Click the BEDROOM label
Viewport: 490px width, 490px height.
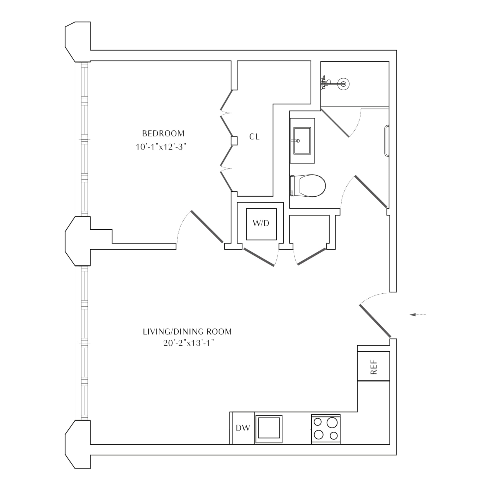point(163,133)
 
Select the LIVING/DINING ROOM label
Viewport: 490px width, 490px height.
point(187,332)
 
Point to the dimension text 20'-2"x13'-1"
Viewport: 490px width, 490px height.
point(188,343)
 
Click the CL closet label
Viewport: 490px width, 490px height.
point(254,137)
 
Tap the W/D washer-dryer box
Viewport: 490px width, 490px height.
point(261,224)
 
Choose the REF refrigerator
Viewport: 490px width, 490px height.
point(374,366)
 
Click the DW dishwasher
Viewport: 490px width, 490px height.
point(243,428)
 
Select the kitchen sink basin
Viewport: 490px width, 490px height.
point(269,429)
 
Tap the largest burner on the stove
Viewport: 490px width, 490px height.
point(332,422)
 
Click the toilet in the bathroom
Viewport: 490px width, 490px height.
point(308,186)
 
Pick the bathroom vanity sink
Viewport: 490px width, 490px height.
point(302,141)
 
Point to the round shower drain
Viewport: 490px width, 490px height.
point(343,84)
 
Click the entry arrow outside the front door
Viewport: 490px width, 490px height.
point(418,314)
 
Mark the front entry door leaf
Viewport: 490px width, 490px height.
point(375,321)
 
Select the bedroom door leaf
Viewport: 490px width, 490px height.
point(207,227)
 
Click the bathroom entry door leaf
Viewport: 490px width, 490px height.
point(370,191)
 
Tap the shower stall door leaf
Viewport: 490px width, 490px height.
point(335,123)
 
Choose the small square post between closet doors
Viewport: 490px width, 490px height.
point(234,141)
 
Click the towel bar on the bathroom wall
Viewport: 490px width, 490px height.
point(386,141)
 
